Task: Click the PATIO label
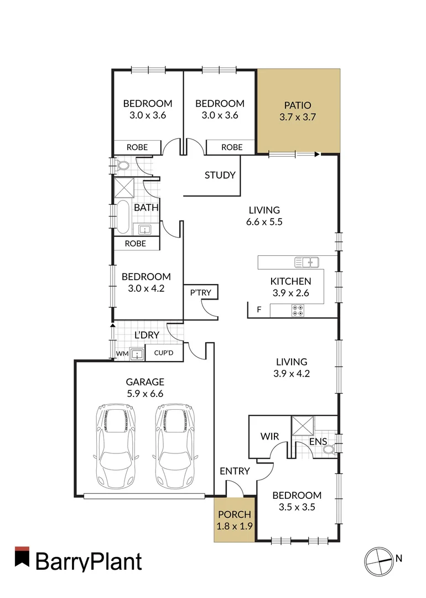point(298,111)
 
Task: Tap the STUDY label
point(220,176)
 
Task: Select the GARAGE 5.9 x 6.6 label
point(144,388)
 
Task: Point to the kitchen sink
point(306,261)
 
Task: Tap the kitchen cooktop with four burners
point(298,311)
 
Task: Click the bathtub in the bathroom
point(122,216)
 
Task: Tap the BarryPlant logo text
point(89,561)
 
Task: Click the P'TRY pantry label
point(200,292)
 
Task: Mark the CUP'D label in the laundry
point(164,353)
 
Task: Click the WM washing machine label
point(122,353)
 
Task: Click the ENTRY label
point(235,471)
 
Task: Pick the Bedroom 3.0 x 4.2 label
point(147,282)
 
